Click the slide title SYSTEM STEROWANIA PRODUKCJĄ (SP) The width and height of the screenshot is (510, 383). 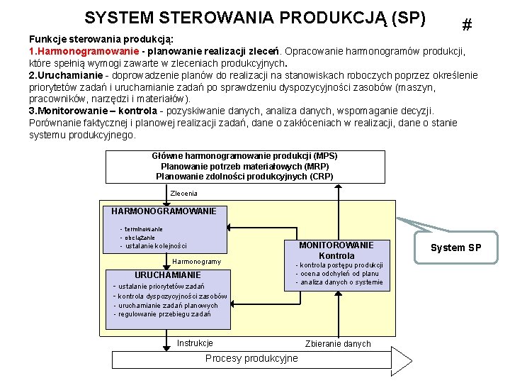pos(254,17)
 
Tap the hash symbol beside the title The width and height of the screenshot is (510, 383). pos(467,25)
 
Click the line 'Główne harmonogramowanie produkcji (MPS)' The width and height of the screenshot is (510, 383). pos(244,156)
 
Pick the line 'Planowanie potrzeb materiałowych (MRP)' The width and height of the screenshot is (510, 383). pos(244,166)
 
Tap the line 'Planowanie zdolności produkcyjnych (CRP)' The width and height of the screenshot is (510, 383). pos(244,176)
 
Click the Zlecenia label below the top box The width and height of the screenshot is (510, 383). pos(184,193)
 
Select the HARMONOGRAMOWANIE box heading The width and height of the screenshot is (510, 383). pos(164,211)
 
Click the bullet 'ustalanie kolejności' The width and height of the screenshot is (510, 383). pos(156,246)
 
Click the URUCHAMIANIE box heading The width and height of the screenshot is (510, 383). pos(168,274)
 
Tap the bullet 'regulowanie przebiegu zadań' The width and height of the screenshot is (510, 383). pos(164,314)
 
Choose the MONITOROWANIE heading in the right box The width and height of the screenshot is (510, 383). pos(336,245)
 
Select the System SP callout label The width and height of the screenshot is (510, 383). pos(456,248)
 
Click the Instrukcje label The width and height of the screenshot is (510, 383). pos(195,343)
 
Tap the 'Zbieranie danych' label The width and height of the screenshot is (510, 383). pos(338,344)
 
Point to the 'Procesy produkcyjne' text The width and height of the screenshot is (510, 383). pos(251,358)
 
